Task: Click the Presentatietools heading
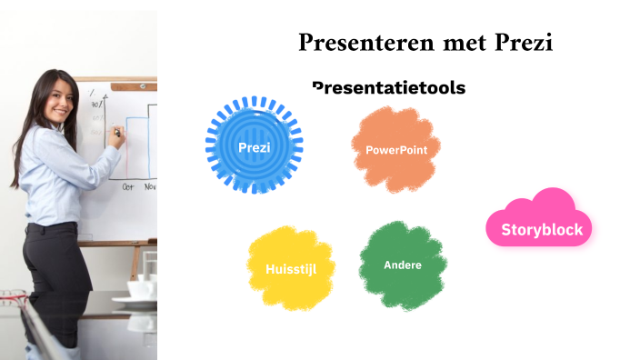(388, 87)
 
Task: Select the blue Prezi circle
(254, 145)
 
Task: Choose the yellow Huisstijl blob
(291, 267)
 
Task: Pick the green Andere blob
(402, 265)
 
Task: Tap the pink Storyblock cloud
(540, 221)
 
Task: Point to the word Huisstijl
(291, 269)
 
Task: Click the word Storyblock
(542, 229)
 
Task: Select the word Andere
(402, 265)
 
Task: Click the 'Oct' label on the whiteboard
(129, 185)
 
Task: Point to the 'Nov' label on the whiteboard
(149, 185)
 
